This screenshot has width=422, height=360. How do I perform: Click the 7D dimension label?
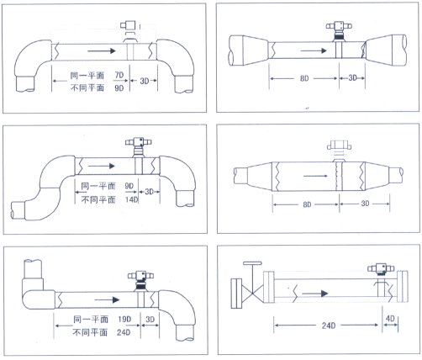tap(119, 75)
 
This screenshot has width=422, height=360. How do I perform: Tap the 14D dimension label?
tap(132, 200)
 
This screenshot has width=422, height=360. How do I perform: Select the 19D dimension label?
tap(124, 319)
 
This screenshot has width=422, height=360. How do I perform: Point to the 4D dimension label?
tap(390, 318)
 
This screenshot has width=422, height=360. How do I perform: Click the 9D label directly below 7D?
tap(119, 88)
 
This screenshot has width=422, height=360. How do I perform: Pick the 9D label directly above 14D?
tap(129, 186)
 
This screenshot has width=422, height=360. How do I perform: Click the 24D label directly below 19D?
tap(124, 332)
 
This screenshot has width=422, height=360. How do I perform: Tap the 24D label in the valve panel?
tap(329, 326)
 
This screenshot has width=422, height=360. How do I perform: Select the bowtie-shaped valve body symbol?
tap(253, 294)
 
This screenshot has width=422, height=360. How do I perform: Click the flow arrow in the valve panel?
tap(315, 294)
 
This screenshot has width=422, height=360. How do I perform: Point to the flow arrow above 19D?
tap(108, 299)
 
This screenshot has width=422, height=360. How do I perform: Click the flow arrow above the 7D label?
tap(102, 50)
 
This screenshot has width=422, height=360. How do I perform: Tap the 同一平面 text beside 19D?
tap(91, 319)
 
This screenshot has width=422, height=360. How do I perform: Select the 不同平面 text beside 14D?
tap(98, 199)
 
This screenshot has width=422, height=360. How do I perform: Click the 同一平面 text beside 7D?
tap(87, 76)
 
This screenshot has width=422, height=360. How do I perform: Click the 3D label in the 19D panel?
tap(150, 320)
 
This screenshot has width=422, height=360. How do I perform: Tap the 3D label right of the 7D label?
tap(145, 81)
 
